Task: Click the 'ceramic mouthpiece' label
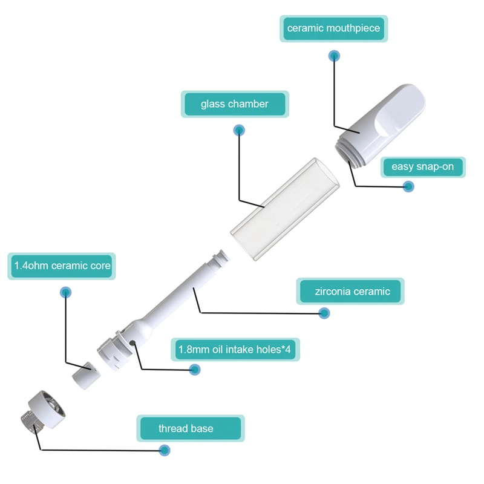pyautogui.click(x=334, y=28)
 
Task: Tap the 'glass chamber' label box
pyautogui.click(x=235, y=104)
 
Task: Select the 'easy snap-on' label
pyautogui.click(x=423, y=167)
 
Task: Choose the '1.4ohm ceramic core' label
pyautogui.click(x=62, y=266)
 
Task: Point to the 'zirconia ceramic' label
pyautogui.click(x=350, y=291)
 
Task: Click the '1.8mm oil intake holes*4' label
pyautogui.click(x=235, y=350)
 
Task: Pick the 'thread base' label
pyautogui.click(x=191, y=428)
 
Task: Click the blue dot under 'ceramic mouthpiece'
pyautogui.click(x=334, y=56)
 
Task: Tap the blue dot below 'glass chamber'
pyautogui.click(x=239, y=130)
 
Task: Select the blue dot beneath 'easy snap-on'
pyautogui.click(x=408, y=186)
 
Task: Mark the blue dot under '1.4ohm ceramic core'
pyautogui.click(x=65, y=292)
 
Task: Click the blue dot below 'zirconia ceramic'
pyautogui.click(x=324, y=313)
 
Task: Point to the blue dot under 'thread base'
pyautogui.click(x=164, y=450)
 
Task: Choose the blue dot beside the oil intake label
pyautogui.click(x=194, y=370)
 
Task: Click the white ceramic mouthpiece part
pyautogui.click(x=383, y=123)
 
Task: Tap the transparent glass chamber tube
pyautogui.click(x=284, y=209)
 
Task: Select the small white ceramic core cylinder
pyautogui.click(x=86, y=375)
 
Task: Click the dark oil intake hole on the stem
pyautogui.click(x=132, y=342)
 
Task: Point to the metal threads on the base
pyautogui.click(x=31, y=420)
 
